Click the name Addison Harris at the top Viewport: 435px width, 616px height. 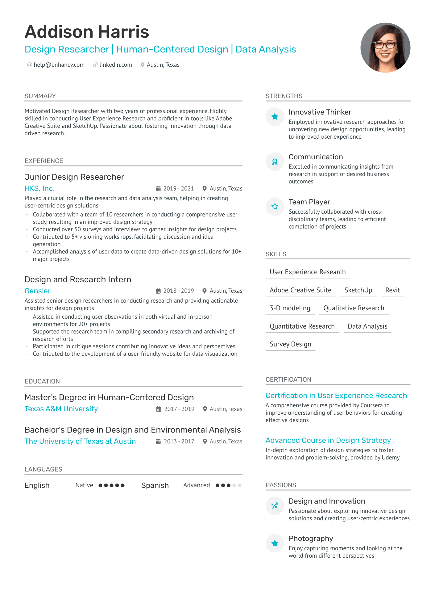pyautogui.click(x=87, y=32)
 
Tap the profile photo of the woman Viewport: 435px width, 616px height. pyautogui.click(x=385, y=48)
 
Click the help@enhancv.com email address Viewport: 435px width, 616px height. pyautogui.click(x=59, y=65)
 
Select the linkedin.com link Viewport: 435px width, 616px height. pyautogui.click(x=115, y=65)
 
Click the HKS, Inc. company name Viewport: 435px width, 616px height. pyautogui.click(x=39, y=188)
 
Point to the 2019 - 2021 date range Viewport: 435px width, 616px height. pyautogui.click(x=178, y=189)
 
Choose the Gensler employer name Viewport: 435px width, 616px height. pyautogui.click(x=37, y=291)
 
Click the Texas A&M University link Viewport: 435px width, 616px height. pyautogui.click(x=61, y=409)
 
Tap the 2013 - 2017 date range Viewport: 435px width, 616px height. pyautogui.click(x=179, y=442)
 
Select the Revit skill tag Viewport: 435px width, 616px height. pyautogui.click(x=392, y=290)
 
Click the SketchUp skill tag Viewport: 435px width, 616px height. pyautogui.click(x=358, y=290)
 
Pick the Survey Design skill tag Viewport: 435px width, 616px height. pyautogui.click(x=290, y=344)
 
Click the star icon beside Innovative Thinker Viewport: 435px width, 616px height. pyautogui.click(x=275, y=117)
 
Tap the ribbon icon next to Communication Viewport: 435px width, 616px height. pyautogui.click(x=275, y=162)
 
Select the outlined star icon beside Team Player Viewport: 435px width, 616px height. pyautogui.click(x=275, y=207)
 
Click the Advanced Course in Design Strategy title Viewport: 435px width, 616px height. pyautogui.click(x=328, y=440)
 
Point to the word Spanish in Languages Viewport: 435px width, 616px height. pyautogui.click(x=155, y=485)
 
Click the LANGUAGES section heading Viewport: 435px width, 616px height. pyautogui.click(x=43, y=469)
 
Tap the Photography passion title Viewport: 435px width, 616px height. pyautogui.click(x=311, y=538)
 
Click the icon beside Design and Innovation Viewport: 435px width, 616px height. pyautogui.click(x=275, y=506)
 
